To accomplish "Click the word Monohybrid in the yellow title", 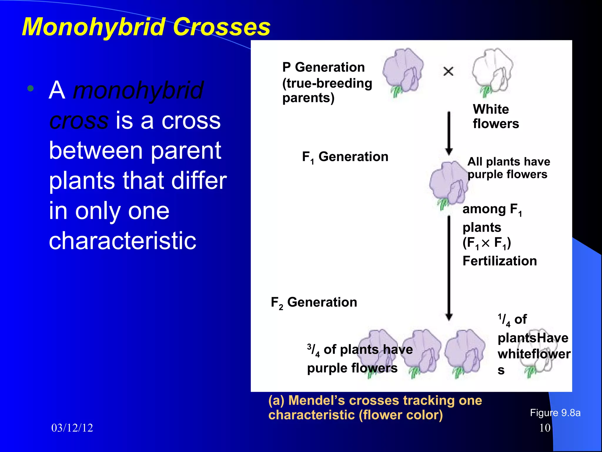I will point(93,27).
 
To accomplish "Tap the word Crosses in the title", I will point(221,27).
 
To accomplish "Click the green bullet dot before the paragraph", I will point(30,88).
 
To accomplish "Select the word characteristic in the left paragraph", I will point(122,241).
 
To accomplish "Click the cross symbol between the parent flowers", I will point(448,71).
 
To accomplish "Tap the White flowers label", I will point(496,116).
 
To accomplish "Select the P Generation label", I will point(323,67).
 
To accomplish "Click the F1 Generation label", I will point(345,157).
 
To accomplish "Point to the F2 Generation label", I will point(314,303).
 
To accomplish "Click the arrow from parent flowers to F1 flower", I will point(449,132).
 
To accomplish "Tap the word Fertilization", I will point(499,261).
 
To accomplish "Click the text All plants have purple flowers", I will point(508,168).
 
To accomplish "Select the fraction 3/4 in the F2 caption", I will point(313,350).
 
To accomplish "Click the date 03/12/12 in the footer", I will point(72,428).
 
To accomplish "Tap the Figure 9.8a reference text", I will point(555,413).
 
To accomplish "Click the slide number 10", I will point(545,428).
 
